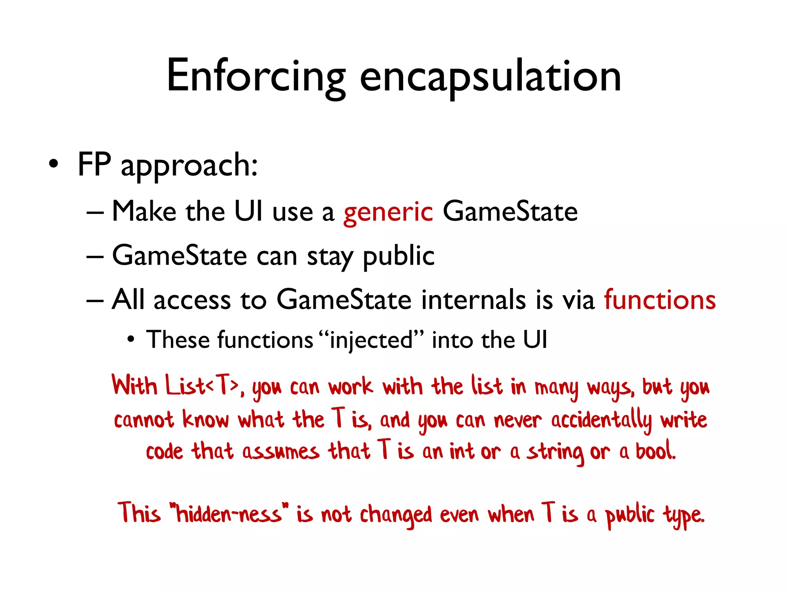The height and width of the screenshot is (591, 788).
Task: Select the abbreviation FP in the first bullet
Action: [94, 164]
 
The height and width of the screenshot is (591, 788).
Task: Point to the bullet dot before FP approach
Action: [54, 165]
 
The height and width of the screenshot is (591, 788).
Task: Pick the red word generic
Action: [388, 212]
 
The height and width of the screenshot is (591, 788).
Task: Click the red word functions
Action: [659, 300]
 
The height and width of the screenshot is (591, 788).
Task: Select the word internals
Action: [473, 300]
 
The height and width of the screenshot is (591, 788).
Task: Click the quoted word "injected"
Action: [371, 340]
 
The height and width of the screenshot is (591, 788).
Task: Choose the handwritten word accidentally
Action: [601, 420]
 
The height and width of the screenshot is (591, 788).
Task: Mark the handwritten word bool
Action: [655, 451]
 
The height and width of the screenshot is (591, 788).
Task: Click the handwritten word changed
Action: [396, 515]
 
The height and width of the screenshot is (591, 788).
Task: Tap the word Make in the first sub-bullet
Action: [144, 212]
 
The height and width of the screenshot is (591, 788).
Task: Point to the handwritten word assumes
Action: [280, 452]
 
